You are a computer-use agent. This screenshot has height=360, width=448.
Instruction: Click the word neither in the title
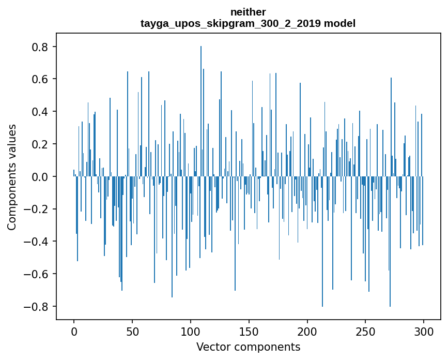click(248, 12)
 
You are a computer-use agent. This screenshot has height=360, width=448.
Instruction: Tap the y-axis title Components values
click(12, 177)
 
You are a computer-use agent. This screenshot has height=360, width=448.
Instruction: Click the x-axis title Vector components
click(248, 347)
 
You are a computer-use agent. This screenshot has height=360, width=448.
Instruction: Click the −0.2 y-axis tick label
click(37, 209)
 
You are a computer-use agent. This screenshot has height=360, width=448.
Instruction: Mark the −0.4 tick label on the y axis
click(37, 242)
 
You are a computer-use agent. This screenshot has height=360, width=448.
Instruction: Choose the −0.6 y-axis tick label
click(37, 274)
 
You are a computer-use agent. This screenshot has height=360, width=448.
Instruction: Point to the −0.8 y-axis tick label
click(37, 307)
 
